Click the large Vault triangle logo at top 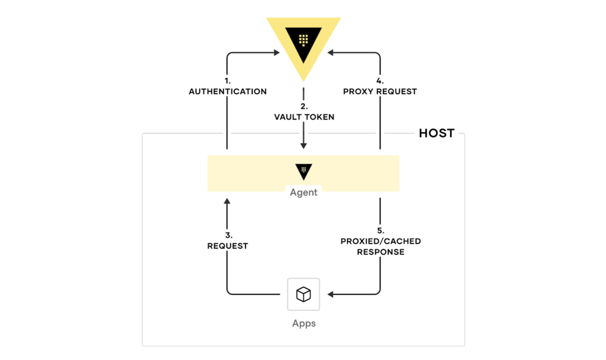(x=304, y=45)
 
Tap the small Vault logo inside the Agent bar (x=304, y=171)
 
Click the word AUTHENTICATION (x=228, y=92)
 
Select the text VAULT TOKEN (x=304, y=117)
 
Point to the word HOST (x=436, y=133)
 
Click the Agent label (x=304, y=192)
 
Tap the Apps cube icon (x=304, y=295)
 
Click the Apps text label (x=304, y=324)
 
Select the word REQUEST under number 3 (x=228, y=246)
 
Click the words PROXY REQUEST (x=380, y=92)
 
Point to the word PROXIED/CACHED (x=381, y=241)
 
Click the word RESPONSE (x=381, y=252)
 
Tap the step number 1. (x=228, y=81)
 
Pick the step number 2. (x=304, y=106)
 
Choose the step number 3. (x=228, y=235)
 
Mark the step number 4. (x=380, y=81)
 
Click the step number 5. (x=381, y=230)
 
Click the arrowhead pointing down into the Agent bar (x=304, y=146)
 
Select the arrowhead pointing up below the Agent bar (x=227, y=200)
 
